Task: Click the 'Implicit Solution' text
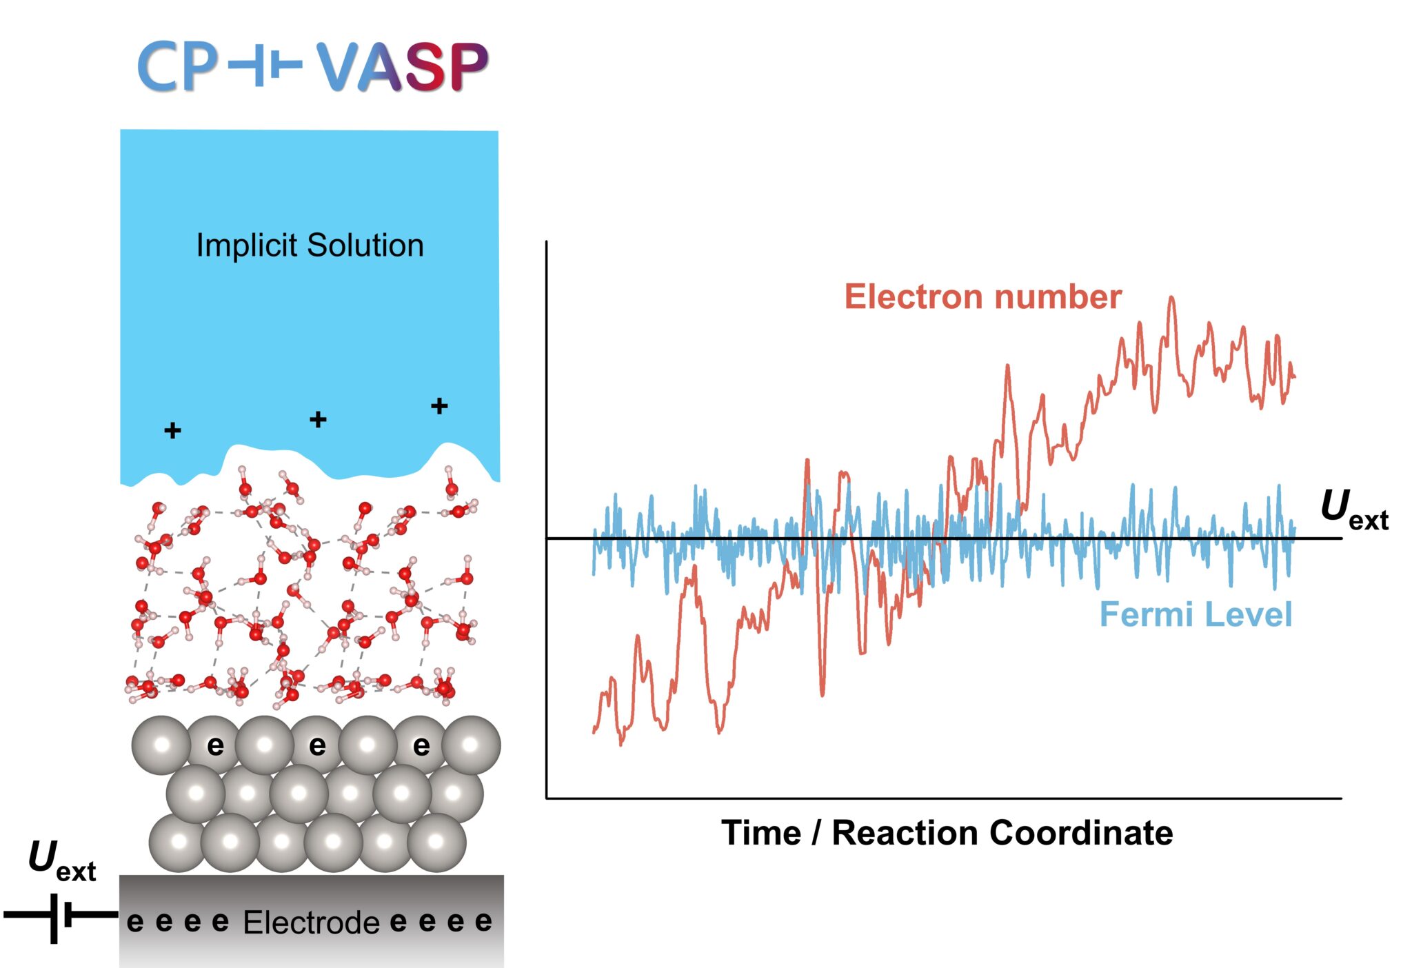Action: pos(310,245)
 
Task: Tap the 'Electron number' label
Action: pos(982,297)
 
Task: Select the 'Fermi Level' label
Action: pos(1195,614)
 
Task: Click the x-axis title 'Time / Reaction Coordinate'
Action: pos(947,833)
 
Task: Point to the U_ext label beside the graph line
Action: pos(1353,510)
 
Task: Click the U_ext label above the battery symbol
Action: pos(61,861)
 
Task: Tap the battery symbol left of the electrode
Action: pos(61,916)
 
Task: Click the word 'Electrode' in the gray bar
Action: pos(311,922)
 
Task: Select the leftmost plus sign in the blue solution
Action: pos(172,431)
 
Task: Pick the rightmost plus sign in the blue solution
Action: pos(439,406)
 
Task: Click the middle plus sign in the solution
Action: pos(318,419)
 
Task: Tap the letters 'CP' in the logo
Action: pos(178,67)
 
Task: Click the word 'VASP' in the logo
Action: pos(402,67)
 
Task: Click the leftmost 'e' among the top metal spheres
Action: pos(215,745)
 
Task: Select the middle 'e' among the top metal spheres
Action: pos(317,745)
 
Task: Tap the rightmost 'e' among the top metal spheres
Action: pos(421,745)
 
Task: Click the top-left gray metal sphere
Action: pos(161,745)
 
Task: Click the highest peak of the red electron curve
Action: pos(1171,299)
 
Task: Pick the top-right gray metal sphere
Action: pos(471,745)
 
